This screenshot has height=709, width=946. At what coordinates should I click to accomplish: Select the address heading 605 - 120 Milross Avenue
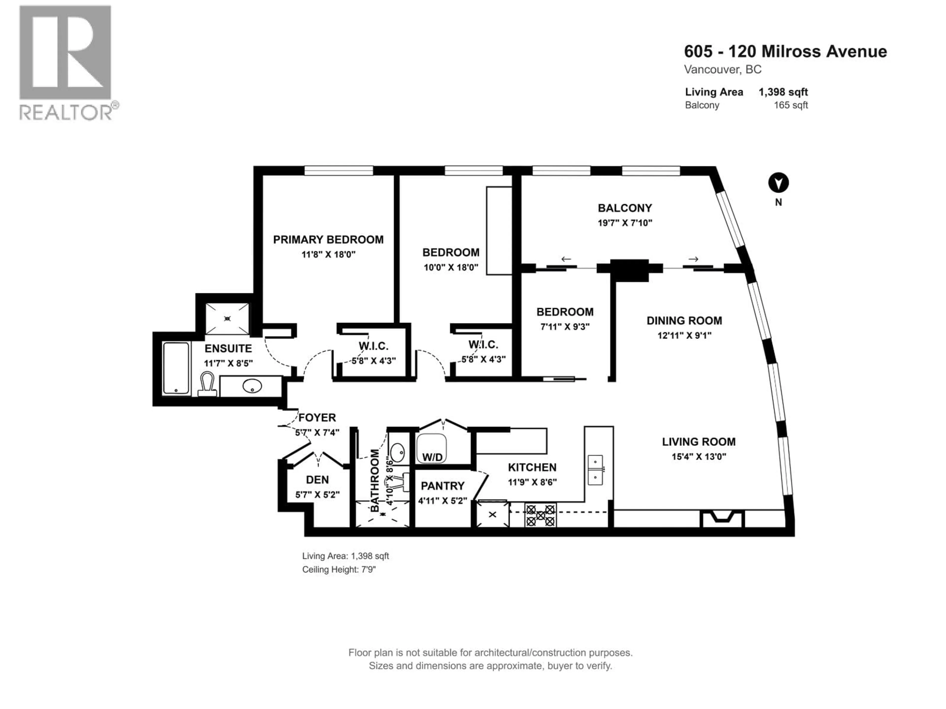pos(785,51)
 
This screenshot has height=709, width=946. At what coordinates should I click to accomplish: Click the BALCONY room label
pos(625,208)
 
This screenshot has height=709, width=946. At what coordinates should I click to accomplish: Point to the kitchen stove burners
pos(541,516)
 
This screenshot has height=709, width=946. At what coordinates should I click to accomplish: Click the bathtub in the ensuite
pos(176,368)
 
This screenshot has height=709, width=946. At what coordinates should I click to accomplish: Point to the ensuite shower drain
pos(228,318)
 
